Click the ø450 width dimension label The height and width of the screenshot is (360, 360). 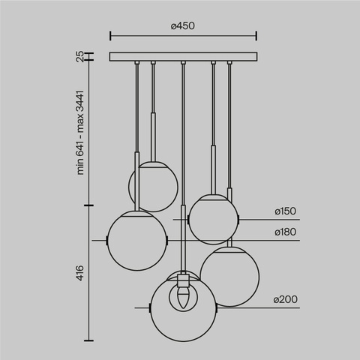point(183,25)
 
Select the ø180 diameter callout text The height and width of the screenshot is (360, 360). point(286,232)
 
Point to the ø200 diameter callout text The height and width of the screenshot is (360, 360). point(286,299)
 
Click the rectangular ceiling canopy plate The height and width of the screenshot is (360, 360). point(183,56)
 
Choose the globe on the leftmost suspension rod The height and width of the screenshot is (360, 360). point(137,240)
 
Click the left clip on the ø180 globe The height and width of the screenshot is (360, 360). point(108,240)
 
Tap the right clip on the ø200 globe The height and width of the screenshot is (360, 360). point(217,307)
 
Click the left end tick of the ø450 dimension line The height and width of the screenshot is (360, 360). point(110,35)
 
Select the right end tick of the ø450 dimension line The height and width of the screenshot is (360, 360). point(256,35)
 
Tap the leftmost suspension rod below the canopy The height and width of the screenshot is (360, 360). point(136,112)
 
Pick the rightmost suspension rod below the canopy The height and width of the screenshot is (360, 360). point(229,127)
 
